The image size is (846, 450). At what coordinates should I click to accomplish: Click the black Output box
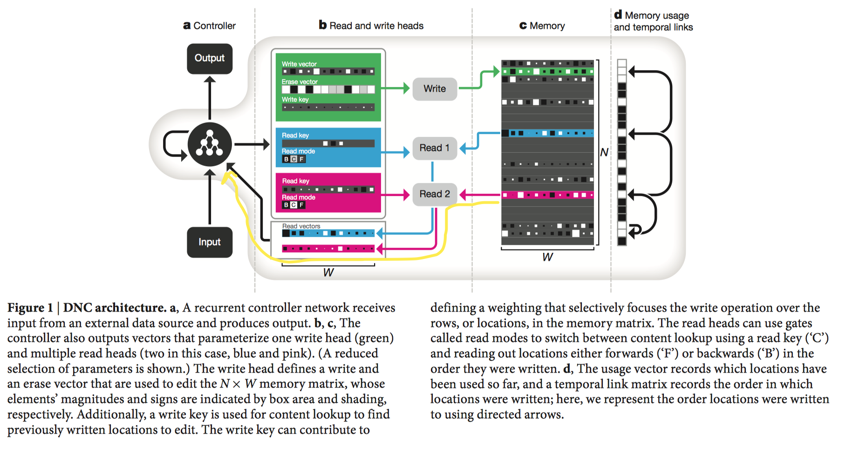(210, 59)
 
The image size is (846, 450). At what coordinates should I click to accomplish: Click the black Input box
(210, 242)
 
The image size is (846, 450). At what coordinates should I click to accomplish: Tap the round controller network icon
(210, 144)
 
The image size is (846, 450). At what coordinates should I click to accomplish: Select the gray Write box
(435, 89)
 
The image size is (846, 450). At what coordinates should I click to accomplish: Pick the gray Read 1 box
(435, 148)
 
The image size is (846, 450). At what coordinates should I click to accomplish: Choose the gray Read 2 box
(435, 194)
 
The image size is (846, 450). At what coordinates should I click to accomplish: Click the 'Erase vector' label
(300, 82)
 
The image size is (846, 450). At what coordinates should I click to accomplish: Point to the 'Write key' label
(295, 100)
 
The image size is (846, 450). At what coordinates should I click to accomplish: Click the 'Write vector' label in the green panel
(299, 64)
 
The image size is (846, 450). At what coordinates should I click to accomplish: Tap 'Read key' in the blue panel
(295, 136)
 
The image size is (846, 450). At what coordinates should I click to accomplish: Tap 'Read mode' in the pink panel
(299, 198)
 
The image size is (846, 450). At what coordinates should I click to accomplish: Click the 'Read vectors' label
(301, 226)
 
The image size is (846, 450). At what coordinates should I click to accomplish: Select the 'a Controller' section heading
(210, 26)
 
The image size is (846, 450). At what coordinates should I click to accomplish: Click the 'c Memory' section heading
(542, 26)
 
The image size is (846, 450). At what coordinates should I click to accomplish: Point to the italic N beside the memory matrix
(604, 152)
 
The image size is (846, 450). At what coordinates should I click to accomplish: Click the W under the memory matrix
(547, 257)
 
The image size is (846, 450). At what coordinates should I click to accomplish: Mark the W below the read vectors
(328, 273)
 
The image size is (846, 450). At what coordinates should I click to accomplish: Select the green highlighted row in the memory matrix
(547, 72)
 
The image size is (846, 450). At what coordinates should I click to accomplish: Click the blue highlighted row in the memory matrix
(547, 133)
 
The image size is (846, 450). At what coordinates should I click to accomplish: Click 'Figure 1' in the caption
(30, 308)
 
